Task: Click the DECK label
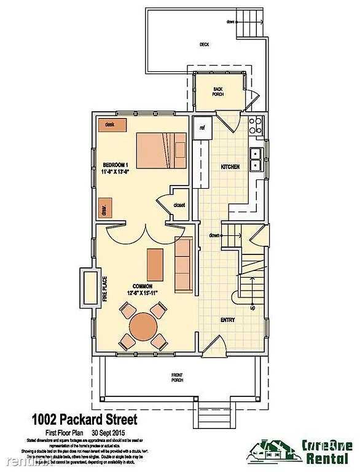[x=205, y=45]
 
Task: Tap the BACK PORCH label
[x=217, y=91]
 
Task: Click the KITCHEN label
[x=229, y=167]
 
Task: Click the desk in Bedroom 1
[x=112, y=125]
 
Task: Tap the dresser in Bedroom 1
[x=104, y=207]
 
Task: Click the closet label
[x=179, y=205]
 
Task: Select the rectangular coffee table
[x=154, y=263]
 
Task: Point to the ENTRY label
[x=229, y=320]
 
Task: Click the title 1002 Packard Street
[x=84, y=420]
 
